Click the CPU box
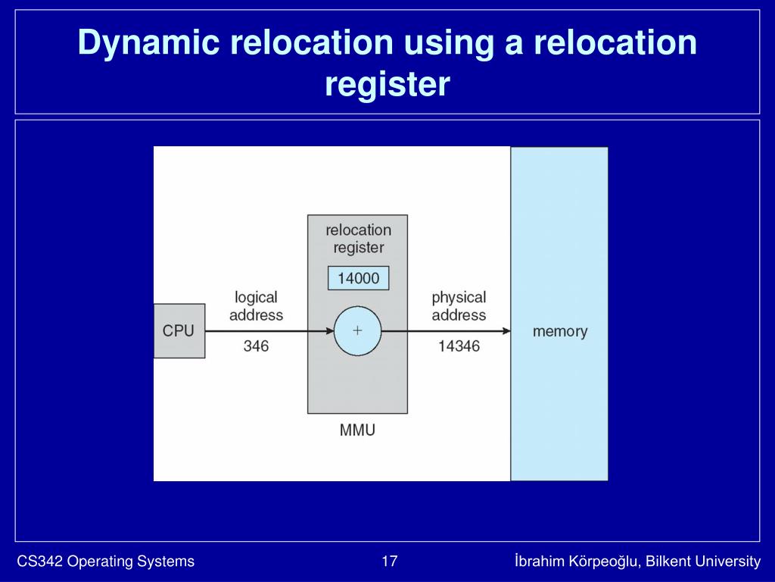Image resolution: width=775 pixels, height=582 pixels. tap(179, 331)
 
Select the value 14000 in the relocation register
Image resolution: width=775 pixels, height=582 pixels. tap(358, 278)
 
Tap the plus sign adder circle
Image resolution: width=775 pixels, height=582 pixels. tap(357, 331)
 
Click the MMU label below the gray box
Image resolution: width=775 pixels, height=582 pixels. tap(357, 431)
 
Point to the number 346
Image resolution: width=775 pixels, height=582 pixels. tap(256, 346)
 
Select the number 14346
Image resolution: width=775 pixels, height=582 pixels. tap(459, 346)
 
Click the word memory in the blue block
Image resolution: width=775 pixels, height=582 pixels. tap(559, 331)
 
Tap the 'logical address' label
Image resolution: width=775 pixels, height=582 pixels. tap(256, 306)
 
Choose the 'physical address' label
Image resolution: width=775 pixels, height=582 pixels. tap(459, 306)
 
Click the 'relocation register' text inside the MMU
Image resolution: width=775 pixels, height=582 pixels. tap(358, 239)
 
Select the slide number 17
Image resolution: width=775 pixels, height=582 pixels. tap(390, 562)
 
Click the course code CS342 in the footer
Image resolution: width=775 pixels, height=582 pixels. tap(40, 562)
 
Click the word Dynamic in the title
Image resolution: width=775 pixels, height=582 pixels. tap(148, 43)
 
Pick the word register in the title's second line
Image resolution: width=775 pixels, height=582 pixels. tap(387, 84)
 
